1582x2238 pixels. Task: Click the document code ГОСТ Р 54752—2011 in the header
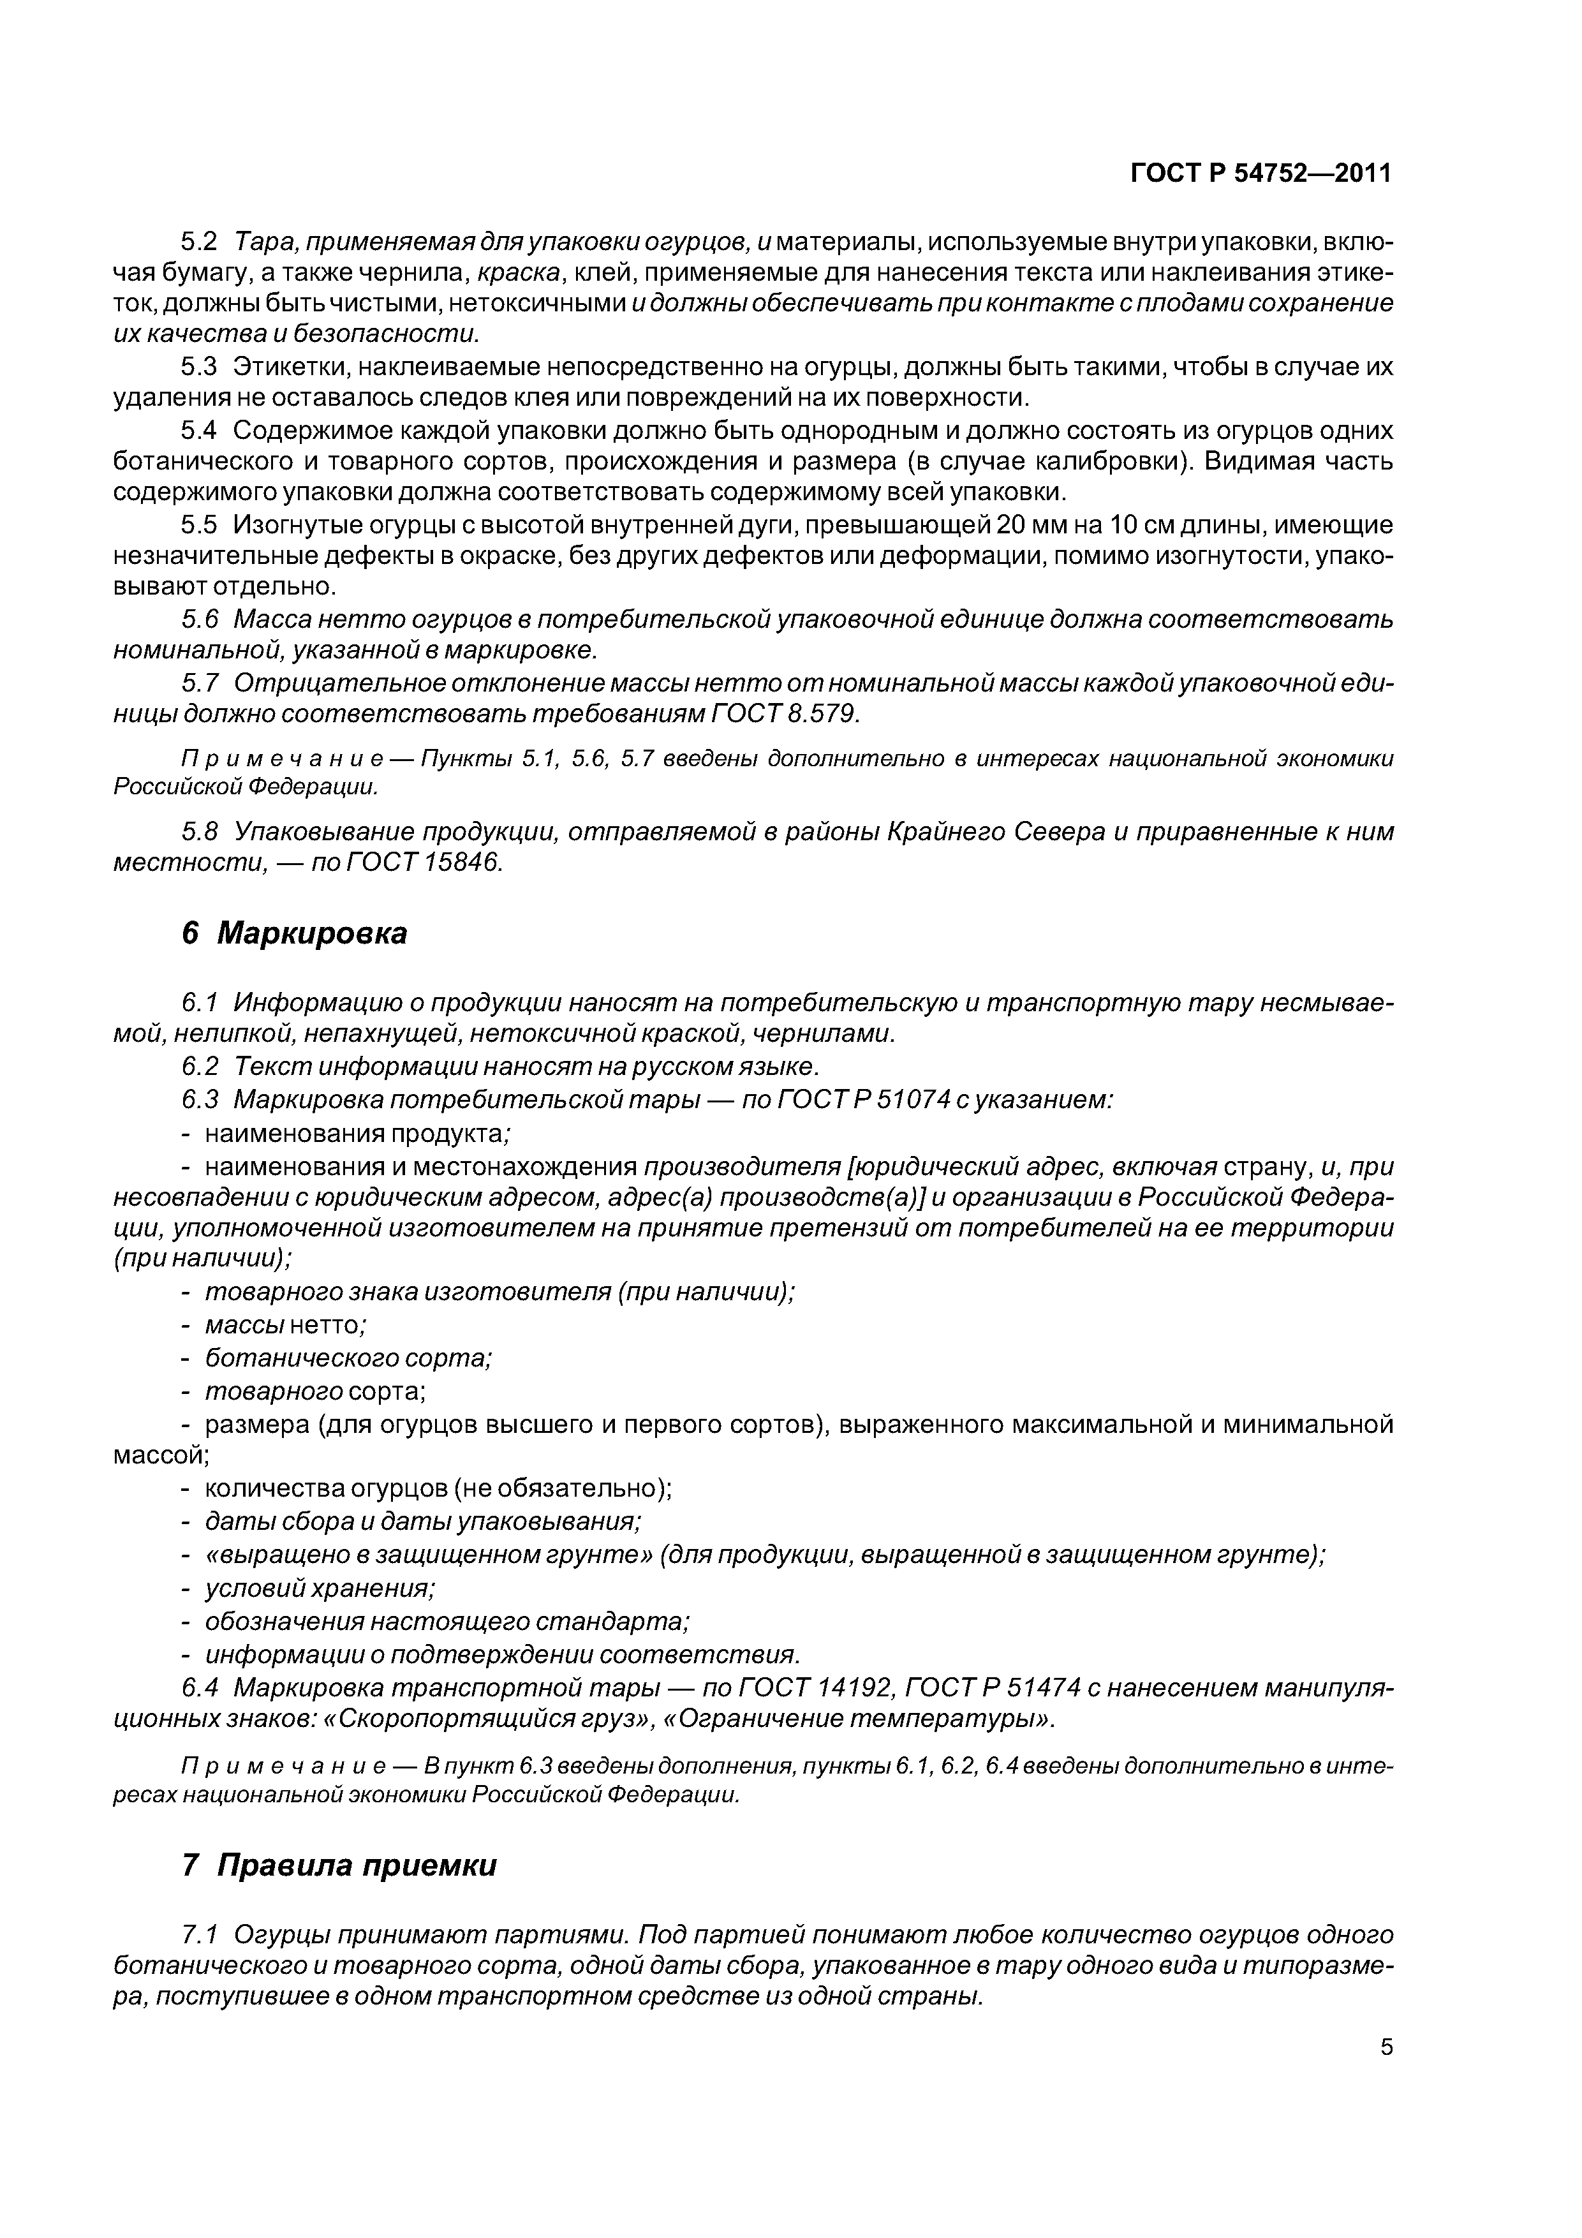pos(1260,174)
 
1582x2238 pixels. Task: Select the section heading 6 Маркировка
pos(294,933)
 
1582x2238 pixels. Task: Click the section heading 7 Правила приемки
pos(339,1865)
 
